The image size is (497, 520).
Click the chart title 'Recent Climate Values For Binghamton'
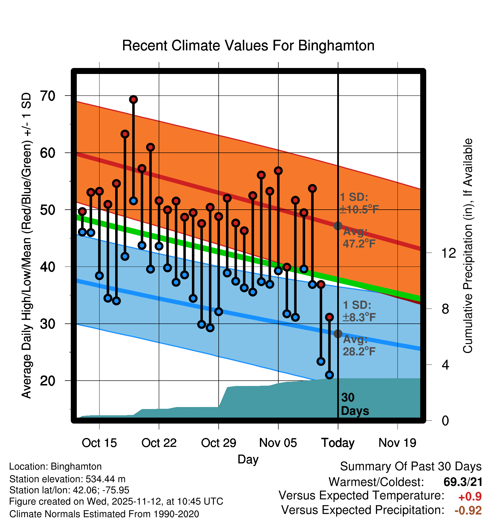[248, 46]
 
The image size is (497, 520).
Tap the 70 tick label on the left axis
[47, 96]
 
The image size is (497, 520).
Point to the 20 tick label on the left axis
[47, 381]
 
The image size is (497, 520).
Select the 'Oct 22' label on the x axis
[159, 443]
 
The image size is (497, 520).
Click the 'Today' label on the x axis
[338, 443]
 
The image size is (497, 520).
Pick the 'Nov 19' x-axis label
[397, 443]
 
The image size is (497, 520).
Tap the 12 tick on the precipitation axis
[448, 253]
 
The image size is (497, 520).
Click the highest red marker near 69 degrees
[133, 100]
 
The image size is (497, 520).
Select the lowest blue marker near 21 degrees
[330, 375]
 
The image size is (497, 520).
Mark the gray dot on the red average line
[338, 226]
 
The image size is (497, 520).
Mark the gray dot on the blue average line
[338, 334]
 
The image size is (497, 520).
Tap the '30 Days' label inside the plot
[355, 404]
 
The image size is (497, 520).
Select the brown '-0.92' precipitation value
[468, 510]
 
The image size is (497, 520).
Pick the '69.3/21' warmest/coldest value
[463, 482]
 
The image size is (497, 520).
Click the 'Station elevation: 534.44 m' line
[67, 479]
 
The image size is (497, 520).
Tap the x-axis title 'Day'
[248, 459]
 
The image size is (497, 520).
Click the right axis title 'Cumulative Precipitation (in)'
[467, 246]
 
